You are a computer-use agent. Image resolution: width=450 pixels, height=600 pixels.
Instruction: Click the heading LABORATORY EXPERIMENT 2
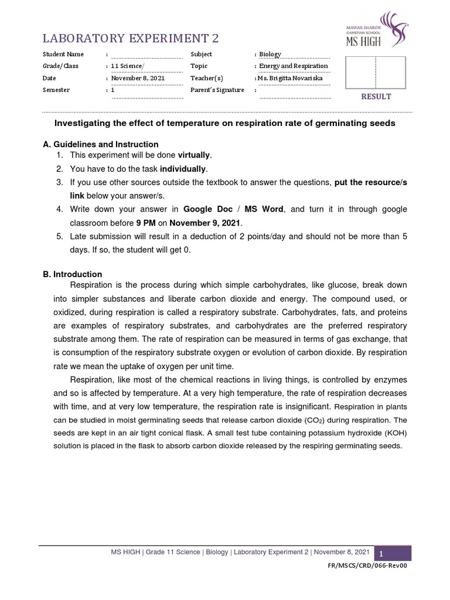coord(129,39)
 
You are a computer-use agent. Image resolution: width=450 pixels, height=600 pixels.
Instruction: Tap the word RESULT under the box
coord(376,97)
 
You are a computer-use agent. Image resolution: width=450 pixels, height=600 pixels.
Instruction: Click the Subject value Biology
coord(270,54)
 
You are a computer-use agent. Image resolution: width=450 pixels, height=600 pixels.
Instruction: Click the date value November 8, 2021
coord(138,79)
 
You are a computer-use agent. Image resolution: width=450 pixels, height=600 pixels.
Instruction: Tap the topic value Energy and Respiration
coord(294,66)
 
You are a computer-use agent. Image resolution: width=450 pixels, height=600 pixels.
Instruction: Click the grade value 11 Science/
coord(127,66)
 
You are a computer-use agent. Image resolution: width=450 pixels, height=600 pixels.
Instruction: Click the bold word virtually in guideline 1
coord(194,155)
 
